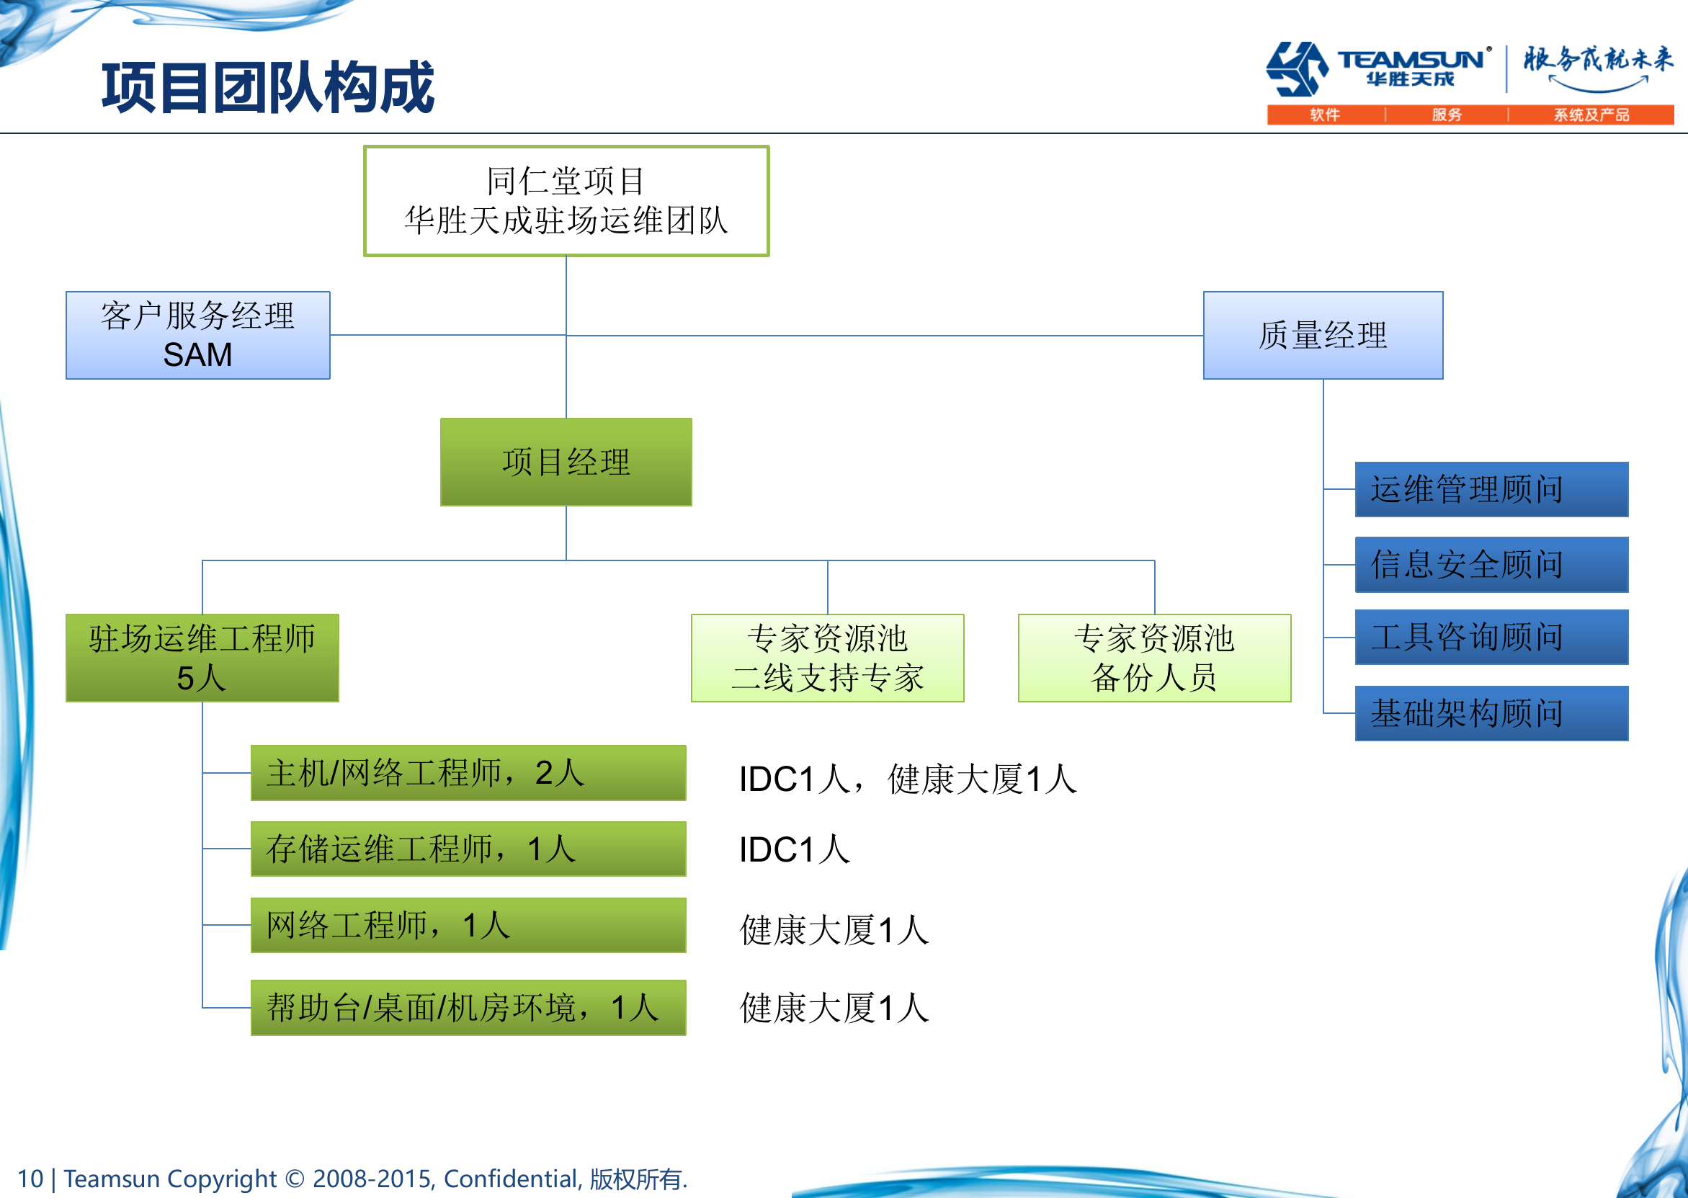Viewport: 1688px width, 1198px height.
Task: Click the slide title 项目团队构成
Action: pyautogui.click(x=268, y=87)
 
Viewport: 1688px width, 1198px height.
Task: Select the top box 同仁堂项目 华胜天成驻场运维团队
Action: pyautogui.click(x=566, y=201)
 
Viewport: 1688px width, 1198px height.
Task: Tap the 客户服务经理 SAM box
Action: pyautogui.click(x=197, y=336)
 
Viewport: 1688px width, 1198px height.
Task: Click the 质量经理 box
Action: pyautogui.click(x=1322, y=336)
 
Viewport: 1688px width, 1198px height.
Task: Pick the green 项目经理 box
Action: pyautogui.click(x=566, y=462)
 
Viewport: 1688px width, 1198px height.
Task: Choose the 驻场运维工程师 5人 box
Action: pyautogui.click(x=202, y=657)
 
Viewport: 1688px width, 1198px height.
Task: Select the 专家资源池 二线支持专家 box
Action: pyautogui.click(x=827, y=657)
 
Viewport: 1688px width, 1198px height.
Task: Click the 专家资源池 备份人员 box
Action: pyautogui.click(x=1154, y=657)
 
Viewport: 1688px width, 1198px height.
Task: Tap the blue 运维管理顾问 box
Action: pyautogui.click(x=1491, y=489)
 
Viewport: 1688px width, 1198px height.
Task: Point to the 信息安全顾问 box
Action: pyautogui.click(x=1491, y=564)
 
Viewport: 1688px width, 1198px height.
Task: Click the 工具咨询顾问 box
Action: pyautogui.click(x=1491, y=637)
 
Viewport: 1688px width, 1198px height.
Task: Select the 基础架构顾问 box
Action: pyautogui.click(x=1491, y=713)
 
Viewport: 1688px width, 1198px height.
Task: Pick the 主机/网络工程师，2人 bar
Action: pyautogui.click(x=468, y=772)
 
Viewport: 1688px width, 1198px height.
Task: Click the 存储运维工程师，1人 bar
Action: pyautogui.click(x=468, y=849)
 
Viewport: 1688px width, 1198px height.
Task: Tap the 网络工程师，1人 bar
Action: pyautogui.click(x=468, y=925)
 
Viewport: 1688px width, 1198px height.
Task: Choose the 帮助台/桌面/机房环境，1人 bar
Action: pyautogui.click(x=468, y=1008)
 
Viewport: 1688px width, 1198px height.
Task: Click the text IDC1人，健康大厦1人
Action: pyautogui.click(x=908, y=779)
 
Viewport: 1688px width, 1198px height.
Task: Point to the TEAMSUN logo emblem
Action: pyautogui.click(x=1296, y=68)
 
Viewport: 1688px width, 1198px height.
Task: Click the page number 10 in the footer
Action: pyautogui.click(x=30, y=1179)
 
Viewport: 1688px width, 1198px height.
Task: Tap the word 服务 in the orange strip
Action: pyautogui.click(x=1446, y=115)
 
